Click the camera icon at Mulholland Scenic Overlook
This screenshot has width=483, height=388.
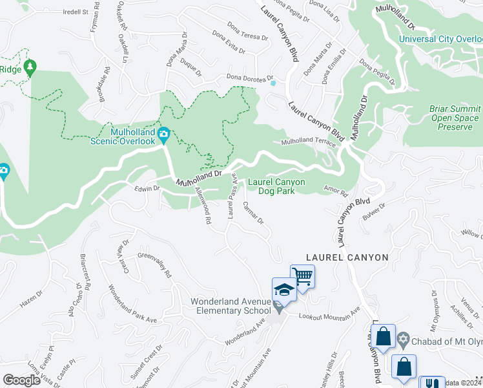[163, 135]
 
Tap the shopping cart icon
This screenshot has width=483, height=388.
[302, 277]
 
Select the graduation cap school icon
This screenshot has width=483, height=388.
[283, 290]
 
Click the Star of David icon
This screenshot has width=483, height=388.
[403, 338]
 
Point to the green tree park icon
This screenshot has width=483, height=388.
[30, 67]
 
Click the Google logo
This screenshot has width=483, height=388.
[22, 380]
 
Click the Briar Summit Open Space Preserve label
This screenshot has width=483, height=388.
[455, 118]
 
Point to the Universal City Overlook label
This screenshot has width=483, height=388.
[440, 39]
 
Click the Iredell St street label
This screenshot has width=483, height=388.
[75, 12]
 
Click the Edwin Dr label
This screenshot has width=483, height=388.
[147, 188]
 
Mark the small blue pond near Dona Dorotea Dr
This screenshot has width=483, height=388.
[274, 83]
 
